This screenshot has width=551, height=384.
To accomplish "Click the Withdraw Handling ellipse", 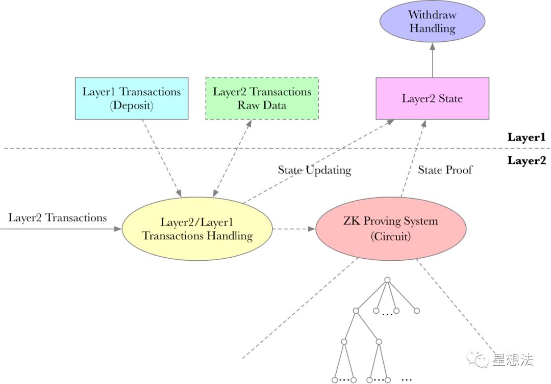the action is pyautogui.click(x=432, y=21).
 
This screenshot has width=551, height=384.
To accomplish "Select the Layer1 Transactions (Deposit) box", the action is pyautogui.click(x=132, y=98).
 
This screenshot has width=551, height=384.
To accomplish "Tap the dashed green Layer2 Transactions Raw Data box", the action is pyautogui.click(x=262, y=98).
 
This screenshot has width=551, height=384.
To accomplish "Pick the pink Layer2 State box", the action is pyautogui.click(x=432, y=98).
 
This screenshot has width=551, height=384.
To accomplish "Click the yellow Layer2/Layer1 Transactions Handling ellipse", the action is pyautogui.click(x=197, y=229).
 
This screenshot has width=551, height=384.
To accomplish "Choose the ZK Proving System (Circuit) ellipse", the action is pyautogui.click(x=391, y=229).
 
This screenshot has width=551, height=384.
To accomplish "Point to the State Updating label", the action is pyautogui.click(x=314, y=170).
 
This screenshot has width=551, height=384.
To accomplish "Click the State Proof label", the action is pyautogui.click(x=445, y=170).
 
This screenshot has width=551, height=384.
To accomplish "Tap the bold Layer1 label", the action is pyautogui.click(x=527, y=137).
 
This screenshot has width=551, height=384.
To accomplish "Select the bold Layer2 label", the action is pyautogui.click(x=527, y=160).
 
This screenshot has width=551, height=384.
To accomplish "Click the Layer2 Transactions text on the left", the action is pyautogui.click(x=57, y=218).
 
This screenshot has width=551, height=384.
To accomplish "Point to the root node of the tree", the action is pyautogui.click(x=387, y=280).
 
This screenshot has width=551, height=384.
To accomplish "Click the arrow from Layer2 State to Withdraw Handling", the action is pyautogui.click(x=432, y=60).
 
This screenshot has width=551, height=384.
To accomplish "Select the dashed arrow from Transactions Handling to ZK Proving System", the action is pyautogui.click(x=294, y=229).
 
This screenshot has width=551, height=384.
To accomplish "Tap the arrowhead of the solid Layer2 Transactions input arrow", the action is pyautogui.click(x=118, y=229).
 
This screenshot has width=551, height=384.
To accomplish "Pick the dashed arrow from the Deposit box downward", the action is pyautogui.click(x=162, y=158).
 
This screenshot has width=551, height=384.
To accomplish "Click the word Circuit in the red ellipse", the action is pyautogui.click(x=390, y=236).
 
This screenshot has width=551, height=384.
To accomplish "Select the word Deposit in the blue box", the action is pyautogui.click(x=132, y=105).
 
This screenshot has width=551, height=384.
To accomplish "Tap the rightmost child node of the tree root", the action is pyautogui.click(x=417, y=311).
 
